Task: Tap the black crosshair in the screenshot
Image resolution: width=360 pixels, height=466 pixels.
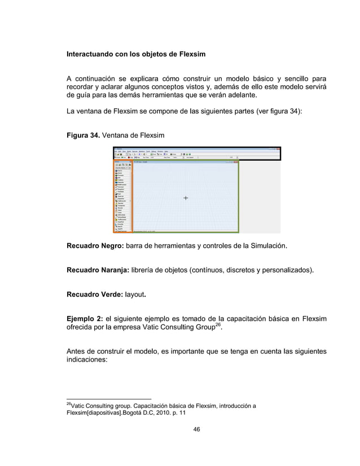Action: coord(186,198)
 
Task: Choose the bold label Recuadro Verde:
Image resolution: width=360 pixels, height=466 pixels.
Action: coord(93,294)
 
